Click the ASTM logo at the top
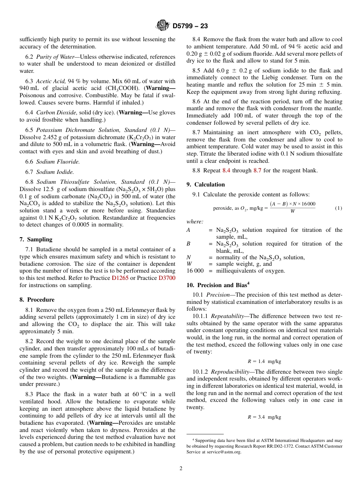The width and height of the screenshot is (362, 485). [162, 26]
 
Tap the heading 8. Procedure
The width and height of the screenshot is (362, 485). [37, 300]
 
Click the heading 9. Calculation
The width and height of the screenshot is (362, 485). [205, 185]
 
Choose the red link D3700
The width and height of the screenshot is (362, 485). [167, 278]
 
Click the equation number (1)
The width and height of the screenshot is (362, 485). [338, 208]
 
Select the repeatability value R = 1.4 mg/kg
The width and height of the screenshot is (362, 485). [264, 361]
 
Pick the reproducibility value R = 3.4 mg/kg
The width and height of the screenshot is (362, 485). [264, 417]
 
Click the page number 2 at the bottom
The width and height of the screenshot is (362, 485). [181, 469]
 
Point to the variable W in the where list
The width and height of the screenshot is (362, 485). [189, 264]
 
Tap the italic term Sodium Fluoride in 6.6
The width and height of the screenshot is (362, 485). [58, 162]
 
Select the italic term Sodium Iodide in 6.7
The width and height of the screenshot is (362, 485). [55, 172]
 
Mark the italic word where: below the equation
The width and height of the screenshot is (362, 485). [194, 222]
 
